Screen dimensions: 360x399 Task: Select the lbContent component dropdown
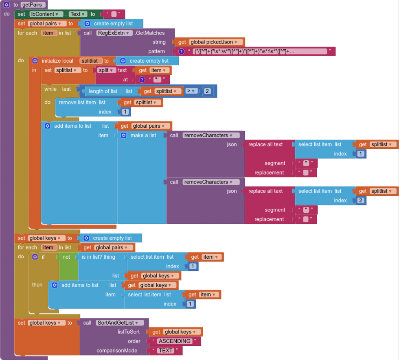(x=44, y=14)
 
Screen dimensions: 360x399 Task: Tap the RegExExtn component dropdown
(x=114, y=33)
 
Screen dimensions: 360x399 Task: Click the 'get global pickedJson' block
(x=210, y=42)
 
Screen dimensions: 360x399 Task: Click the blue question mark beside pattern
(x=182, y=51)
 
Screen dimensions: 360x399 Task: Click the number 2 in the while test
(x=207, y=91)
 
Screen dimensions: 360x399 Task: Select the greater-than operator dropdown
(x=191, y=91)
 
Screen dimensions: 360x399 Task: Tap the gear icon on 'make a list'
(x=124, y=135)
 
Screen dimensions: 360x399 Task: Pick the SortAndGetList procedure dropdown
(x=120, y=323)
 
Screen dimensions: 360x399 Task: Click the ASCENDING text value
(x=174, y=341)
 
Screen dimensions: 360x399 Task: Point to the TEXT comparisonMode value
(x=166, y=351)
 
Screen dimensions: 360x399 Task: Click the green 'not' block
(x=66, y=257)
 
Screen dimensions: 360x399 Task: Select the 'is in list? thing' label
(x=99, y=257)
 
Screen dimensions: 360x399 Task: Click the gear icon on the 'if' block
(x=35, y=257)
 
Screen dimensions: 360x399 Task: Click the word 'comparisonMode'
(x=117, y=351)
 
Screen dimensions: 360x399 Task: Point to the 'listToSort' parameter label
(x=129, y=332)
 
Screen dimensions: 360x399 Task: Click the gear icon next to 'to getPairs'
(x=7, y=5)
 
